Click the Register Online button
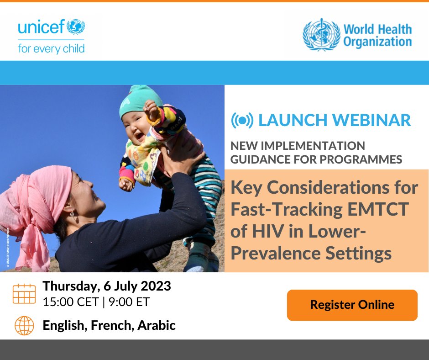click(x=352, y=305)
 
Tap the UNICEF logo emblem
click(x=76, y=26)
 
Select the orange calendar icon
click(x=24, y=294)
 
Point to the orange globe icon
click(x=24, y=326)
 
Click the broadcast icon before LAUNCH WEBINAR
click(x=242, y=120)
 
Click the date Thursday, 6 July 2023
click(x=107, y=286)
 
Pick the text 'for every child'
click(x=51, y=48)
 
